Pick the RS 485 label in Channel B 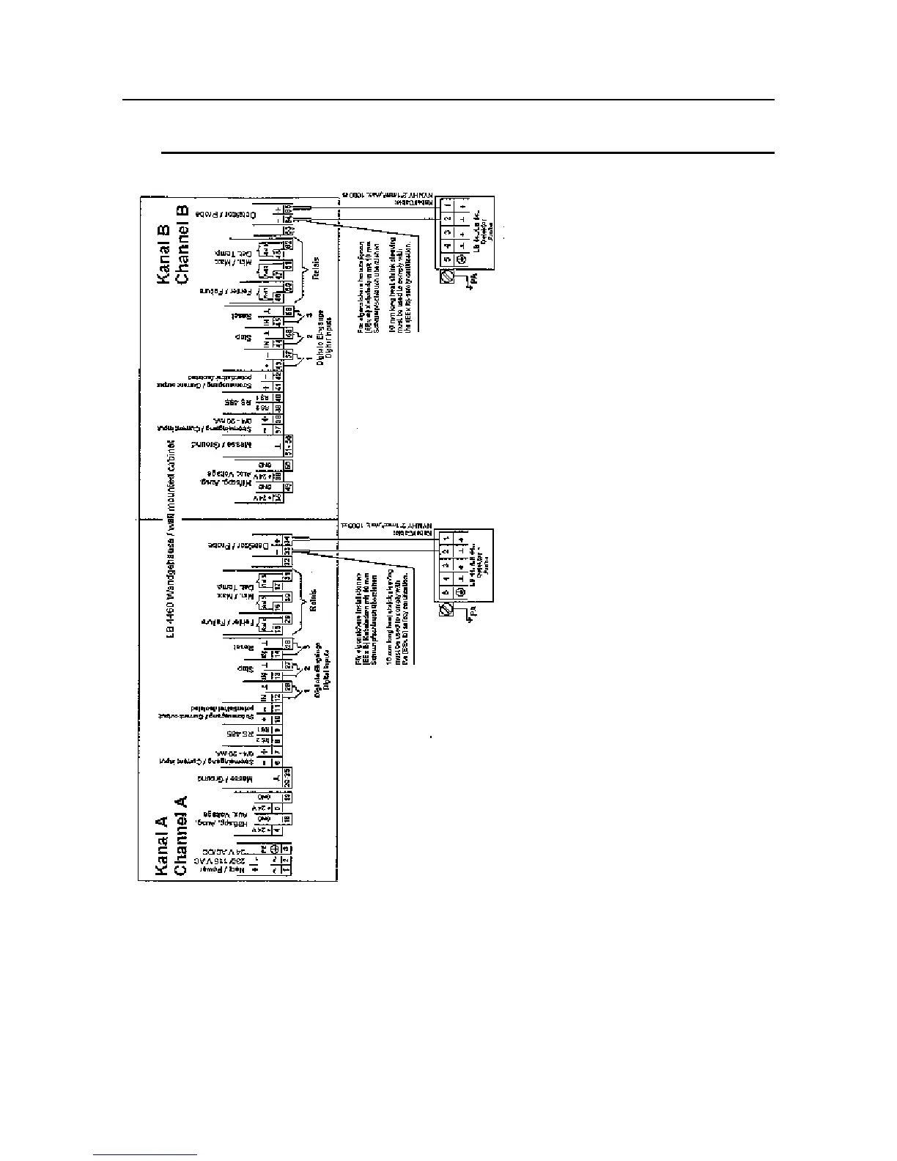[238, 402]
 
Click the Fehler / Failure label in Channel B [237, 291]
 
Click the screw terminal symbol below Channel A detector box [445, 609]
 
